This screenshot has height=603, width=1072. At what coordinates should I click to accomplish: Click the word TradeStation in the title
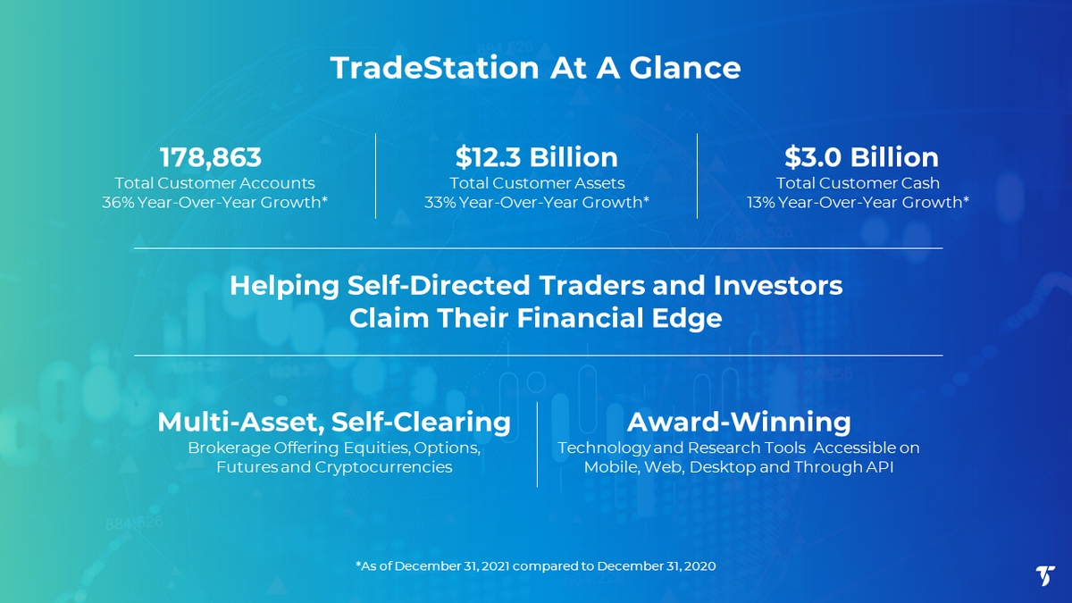[434, 68]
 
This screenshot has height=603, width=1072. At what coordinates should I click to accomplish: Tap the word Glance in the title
[685, 68]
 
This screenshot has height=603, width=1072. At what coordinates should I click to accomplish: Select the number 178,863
[211, 157]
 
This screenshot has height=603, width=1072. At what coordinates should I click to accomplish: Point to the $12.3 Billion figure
[537, 157]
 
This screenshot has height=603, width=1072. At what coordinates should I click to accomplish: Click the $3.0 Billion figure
[861, 157]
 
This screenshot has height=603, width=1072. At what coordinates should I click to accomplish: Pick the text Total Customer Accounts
[215, 183]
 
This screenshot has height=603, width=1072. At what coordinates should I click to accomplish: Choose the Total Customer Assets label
[537, 183]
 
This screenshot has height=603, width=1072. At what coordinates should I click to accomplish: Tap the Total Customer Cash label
[858, 183]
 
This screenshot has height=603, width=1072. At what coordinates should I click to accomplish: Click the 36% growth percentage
[118, 203]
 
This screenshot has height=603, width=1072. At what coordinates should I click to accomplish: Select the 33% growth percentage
[440, 203]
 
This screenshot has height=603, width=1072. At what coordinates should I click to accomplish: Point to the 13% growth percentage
[761, 203]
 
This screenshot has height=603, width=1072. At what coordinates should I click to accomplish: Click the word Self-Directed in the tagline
[439, 285]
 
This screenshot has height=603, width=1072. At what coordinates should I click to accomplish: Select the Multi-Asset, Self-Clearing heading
[334, 422]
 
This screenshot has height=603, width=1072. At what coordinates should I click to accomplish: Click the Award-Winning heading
[739, 422]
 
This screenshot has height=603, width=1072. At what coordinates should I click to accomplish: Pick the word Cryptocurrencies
[383, 467]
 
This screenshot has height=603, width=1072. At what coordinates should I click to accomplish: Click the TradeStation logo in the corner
[1045, 575]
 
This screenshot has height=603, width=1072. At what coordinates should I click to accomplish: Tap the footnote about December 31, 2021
[535, 566]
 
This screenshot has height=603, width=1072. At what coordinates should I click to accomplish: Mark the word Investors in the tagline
[778, 285]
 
